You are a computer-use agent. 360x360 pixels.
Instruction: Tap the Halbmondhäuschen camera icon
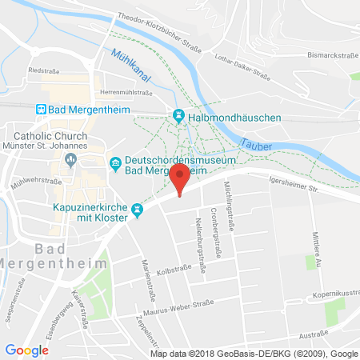(x=178, y=118)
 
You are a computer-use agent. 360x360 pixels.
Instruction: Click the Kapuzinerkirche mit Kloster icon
(x=138, y=210)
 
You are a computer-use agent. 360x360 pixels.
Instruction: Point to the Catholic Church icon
(x=70, y=159)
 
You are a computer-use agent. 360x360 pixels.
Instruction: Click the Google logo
(x=26, y=350)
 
